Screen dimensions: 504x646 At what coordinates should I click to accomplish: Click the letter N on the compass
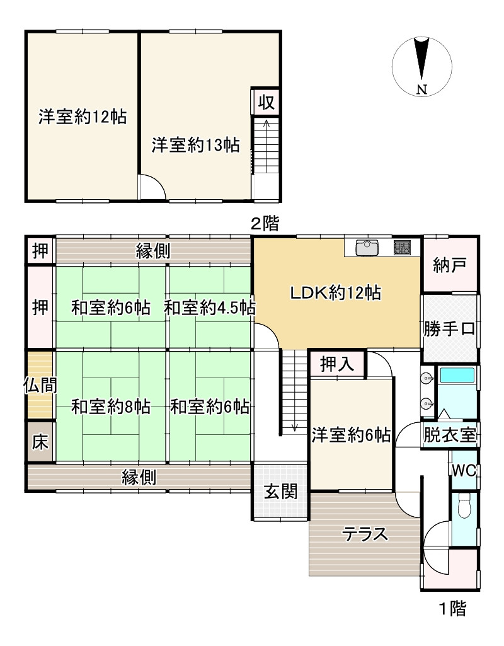pyautogui.click(x=421, y=90)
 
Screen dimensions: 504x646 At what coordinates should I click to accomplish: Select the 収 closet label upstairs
pyautogui.click(x=266, y=101)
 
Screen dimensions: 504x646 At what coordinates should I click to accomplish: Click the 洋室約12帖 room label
pyautogui.click(x=83, y=117)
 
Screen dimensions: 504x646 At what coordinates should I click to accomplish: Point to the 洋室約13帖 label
pyautogui.click(x=195, y=145)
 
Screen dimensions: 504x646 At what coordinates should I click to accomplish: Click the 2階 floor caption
pyautogui.click(x=265, y=224)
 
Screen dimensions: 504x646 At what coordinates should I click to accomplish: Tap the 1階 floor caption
pyautogui.click(x=453, y=608)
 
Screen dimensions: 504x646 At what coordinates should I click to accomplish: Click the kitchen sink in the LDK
pyautogui.click(x=367, y=248)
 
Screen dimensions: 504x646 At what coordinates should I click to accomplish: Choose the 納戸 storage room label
pyautogui.click(x=450, y=265)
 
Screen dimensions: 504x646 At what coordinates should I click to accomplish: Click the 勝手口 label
pyautogui.click(x=450, y=329)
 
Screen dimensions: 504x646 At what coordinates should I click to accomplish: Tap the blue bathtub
pyautogui.click(x=457, y=376)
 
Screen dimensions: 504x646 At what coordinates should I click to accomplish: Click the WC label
pyautogui.click(x=464, y=471)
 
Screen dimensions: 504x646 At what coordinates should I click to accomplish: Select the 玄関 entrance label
pyautogui.click(x=280, y=492)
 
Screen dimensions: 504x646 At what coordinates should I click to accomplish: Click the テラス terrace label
pyautogui.click(x=365, y=534)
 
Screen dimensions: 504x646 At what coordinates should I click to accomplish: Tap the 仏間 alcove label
pyautogui.click(x=40, y=386)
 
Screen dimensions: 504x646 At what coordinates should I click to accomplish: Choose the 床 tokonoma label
pyautogui.click(x=40, y=442)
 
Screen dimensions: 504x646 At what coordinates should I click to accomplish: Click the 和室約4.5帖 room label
pyautogui.click(x=210, y=308)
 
